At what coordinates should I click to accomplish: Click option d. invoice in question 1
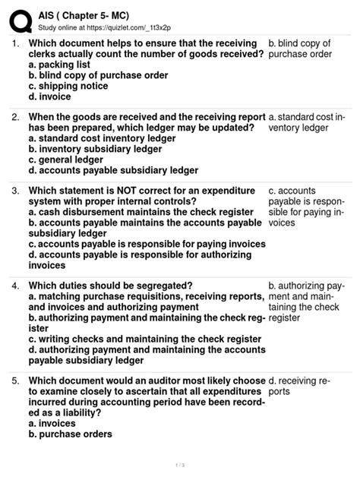click(x=50, y=97)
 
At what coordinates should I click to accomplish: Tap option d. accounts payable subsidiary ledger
click(x=113, y=171)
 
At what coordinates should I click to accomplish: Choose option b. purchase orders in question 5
click(x=71, y=434)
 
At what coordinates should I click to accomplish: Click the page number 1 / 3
click(x=179, y=465)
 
